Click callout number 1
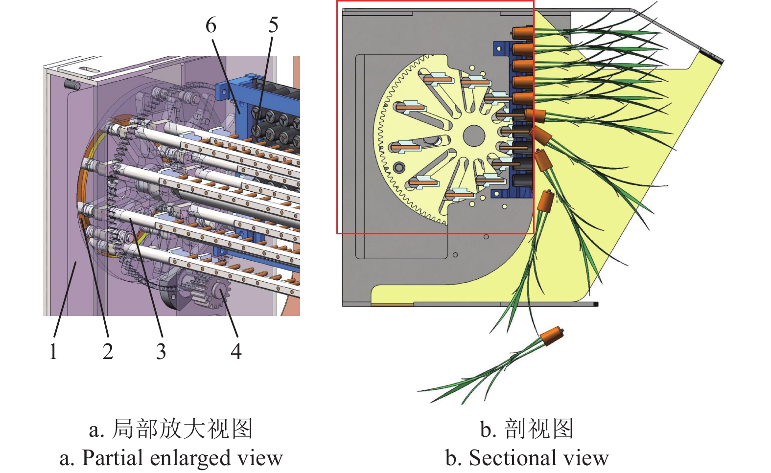(53, 351)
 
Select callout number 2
(108, 351)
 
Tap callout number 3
(161, 351)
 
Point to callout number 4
(236, 351)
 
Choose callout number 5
(273, 25)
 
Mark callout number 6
(210, 25)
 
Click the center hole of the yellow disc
(473, 135)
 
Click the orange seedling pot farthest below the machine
(552, 336)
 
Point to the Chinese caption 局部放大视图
(182, 429)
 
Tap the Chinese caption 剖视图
(538, 429)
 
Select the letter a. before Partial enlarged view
(67, 458)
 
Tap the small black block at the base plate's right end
(596, 304)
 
